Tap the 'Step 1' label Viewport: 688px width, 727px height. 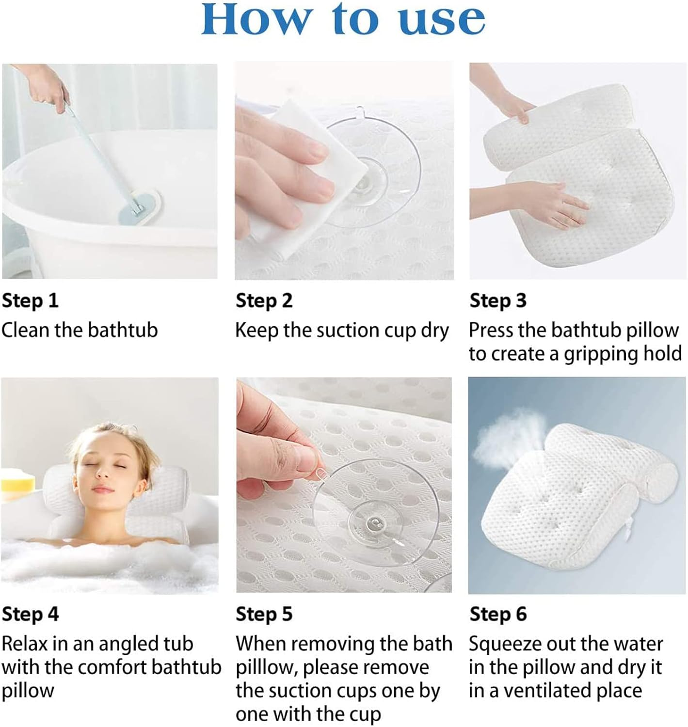tap(30, 300)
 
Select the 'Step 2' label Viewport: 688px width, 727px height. tap(264, 300)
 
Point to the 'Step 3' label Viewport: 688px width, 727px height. tap(497, 300)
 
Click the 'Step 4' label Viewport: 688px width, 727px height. tap(30, 614)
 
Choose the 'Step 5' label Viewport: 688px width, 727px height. tap(264, 614)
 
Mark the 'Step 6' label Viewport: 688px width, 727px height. tap(497, 614)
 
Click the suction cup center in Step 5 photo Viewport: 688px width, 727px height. tap(374, 522)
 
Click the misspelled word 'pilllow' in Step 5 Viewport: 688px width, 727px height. tap(266, 668)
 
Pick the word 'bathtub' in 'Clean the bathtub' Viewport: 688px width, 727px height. tap(123, 330)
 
